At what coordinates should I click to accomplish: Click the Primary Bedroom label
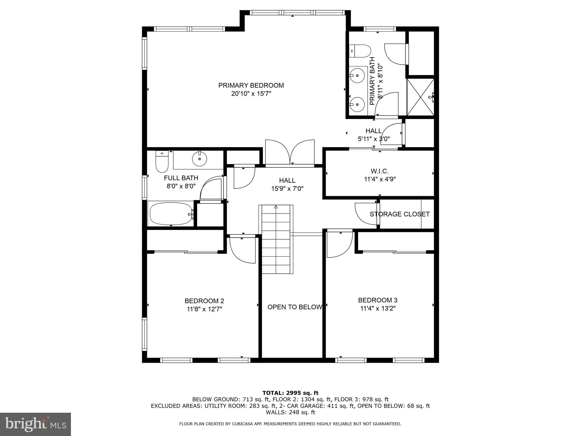(x=251, y=85)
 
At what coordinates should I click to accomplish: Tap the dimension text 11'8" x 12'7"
(x=204, y=309)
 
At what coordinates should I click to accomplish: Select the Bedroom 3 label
(x=378, y=300)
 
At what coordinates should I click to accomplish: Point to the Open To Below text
(x=294, y=307)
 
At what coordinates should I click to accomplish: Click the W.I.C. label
(x=380, y=171)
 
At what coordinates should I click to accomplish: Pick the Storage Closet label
(x=399, y=214)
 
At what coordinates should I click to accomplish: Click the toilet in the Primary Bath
(x=360, y=51)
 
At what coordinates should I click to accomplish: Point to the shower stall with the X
(x=420, y=97)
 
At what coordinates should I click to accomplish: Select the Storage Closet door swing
(x=366, y=213)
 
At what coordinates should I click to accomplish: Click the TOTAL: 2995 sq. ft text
(x=290, y=393)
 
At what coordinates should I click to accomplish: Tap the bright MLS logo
(x=35, y=424)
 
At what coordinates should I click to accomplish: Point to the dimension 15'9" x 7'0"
(x=287, y=188)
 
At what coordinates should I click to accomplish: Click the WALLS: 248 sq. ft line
(x=290, y=412)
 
